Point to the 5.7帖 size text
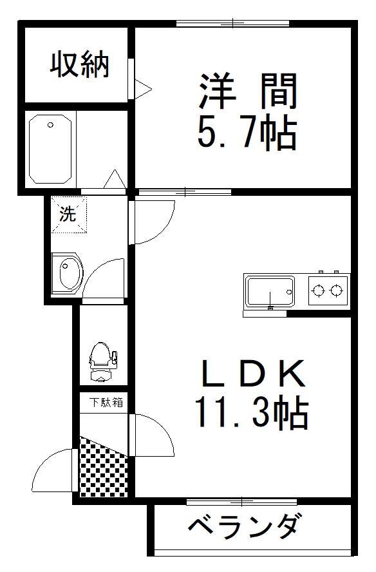pos(247,131)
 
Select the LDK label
pos(253,373)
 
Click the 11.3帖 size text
pos(252,412)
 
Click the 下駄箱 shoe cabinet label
pos(106,403)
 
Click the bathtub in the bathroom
pos(50,149)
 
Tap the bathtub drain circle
pos(50,125)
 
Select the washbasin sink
pos(68,273)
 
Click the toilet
pos(103,361)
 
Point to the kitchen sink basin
pos(270,291)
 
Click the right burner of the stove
pos(336,291)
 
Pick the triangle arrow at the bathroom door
pos(115,179)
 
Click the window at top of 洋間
pos(232,24)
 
